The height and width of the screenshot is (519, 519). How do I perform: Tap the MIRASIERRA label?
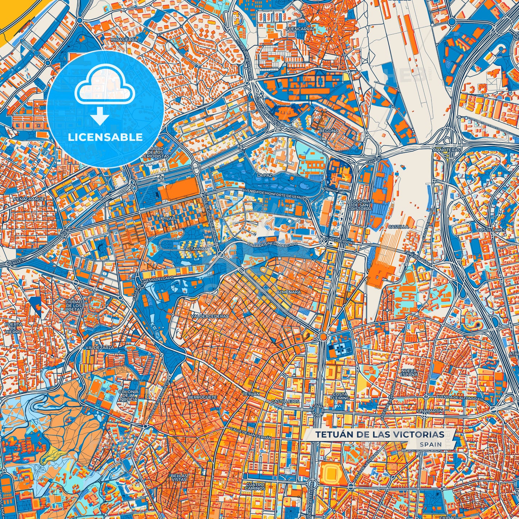pyautogui.click(x=124, y=40)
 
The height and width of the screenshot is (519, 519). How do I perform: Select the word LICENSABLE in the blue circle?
pyautogui.click(x=105, y=137)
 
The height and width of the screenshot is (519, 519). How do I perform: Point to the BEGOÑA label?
pyautogui.click(x=329, y=131)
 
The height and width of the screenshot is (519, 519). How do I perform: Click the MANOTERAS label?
pyautogui.click(x=446, y=149)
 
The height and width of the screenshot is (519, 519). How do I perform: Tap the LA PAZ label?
pyautogui.click(x=265, y=175)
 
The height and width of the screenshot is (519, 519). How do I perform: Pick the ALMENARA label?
pyautogui.click(x=288, y=292)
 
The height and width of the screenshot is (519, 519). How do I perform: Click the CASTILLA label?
pyautogui.click(x=398, y=227)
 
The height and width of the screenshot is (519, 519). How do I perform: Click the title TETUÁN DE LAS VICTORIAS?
pyautogui.click(x=380, y=435)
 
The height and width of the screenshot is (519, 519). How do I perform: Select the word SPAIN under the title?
pyautogui.click(x=430, y=444)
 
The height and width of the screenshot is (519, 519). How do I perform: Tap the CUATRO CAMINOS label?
pyautogui.click(x=255, y=486)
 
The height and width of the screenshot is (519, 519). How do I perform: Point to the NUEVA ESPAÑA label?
pyautogui.click(x=409, y=372)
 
